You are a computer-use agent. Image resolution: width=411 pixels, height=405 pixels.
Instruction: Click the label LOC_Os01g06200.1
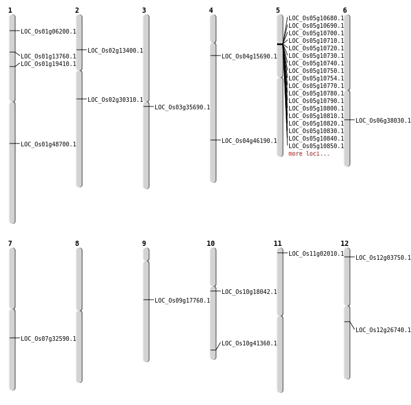[x=48, y=31]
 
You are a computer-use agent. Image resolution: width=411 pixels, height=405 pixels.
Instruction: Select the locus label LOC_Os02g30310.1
[x=115, y=100]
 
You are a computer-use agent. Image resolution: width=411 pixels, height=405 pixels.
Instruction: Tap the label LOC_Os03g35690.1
[x=182, y=107]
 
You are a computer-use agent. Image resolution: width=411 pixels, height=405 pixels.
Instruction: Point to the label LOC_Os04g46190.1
[x=249, y=141]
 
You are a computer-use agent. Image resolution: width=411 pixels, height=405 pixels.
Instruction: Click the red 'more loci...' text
[x=309, y=154]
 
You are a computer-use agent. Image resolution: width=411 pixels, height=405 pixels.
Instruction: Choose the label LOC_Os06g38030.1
[x=383, y=120]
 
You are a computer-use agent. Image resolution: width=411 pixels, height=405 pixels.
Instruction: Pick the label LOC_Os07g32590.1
[x=48, y=339]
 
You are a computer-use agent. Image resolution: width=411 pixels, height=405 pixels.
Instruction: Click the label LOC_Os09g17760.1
[x=182, y=300]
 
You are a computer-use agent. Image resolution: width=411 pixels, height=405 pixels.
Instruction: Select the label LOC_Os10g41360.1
[x=249, y=343]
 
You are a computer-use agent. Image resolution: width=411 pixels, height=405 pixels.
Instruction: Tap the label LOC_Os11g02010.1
[x=316, y=254]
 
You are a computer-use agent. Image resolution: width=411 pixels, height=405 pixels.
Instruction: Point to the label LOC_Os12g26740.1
[x=383, y=330]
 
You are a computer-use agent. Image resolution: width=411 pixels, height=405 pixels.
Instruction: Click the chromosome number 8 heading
[x=77, y=244]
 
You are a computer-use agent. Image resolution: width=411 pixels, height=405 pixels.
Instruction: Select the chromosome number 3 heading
[x=144, y=10]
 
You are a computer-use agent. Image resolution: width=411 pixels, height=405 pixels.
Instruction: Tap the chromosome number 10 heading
[x=211, y=244]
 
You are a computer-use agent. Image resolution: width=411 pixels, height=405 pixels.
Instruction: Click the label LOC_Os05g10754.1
[x=316, y=78]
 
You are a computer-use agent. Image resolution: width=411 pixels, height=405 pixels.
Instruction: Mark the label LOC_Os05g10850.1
[x=316, y=146]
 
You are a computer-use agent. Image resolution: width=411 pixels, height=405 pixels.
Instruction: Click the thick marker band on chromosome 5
[x=280, y=44]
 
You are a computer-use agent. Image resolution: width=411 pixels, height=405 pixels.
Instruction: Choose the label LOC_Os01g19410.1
[x=48, y=64]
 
